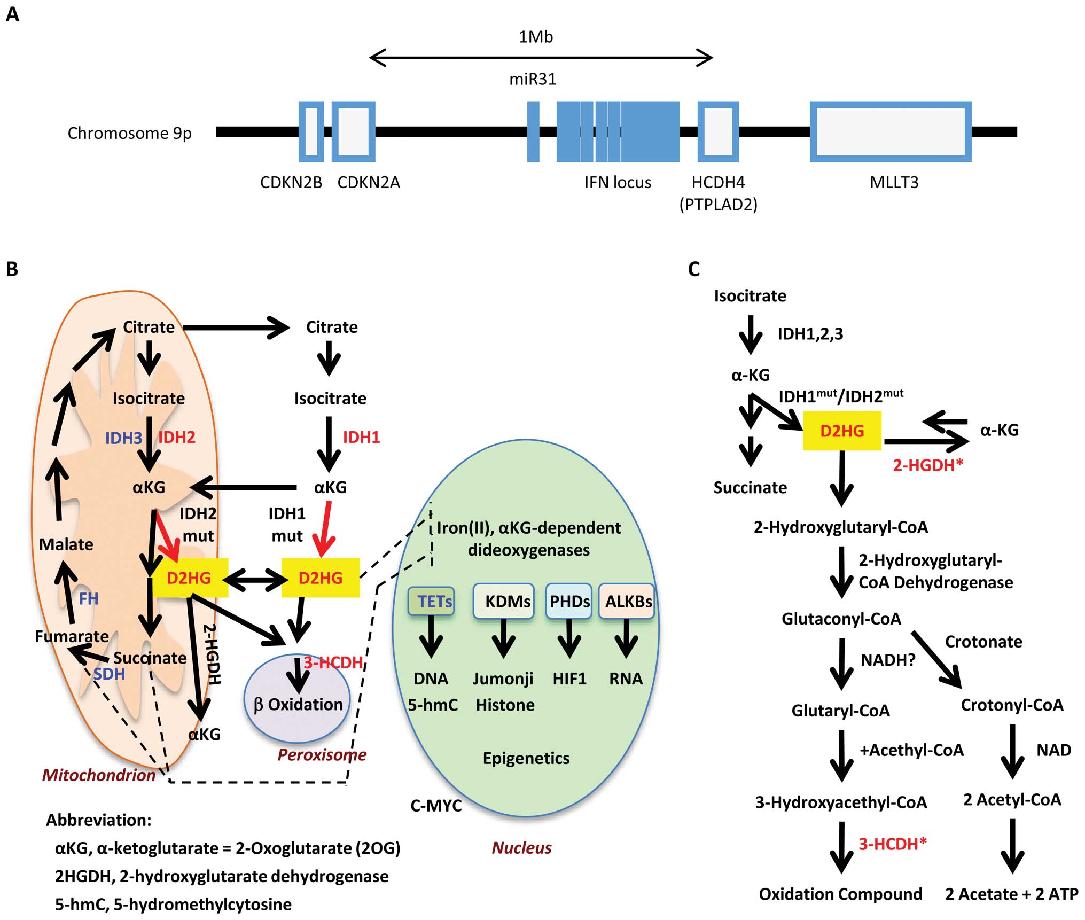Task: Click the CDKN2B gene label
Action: coord(291,183)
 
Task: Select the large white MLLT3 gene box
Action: coord(891,131)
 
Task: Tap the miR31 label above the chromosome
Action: coord(533,80)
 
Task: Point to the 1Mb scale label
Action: coord(536,37)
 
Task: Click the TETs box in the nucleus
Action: coord(432,602)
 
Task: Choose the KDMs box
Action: coord(504,602)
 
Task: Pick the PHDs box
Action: coord(569,602)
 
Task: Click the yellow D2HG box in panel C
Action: coord(842,431)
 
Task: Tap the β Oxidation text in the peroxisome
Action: coord(298,705)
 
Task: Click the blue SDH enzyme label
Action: coord(109,674)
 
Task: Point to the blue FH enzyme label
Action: coord(89,599)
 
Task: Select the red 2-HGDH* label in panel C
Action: coord(928,465)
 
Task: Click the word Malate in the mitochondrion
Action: coord(66,544)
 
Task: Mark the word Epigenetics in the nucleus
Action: coord(526,758)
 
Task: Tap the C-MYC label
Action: coord(436,806)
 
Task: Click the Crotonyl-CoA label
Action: coord(1012,705)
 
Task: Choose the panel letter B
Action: coord(12,269)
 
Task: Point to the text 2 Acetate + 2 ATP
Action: coord(1011,894)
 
